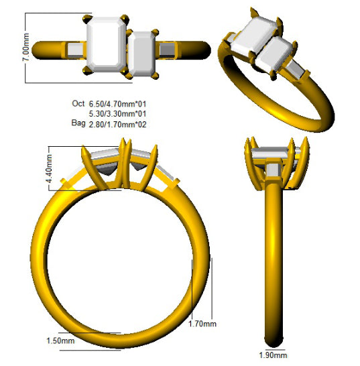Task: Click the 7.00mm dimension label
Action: click(26, 47)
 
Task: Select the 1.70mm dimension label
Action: click(202, 324)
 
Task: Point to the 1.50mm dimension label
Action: click(61, 341)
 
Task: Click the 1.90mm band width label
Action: click(273, 355)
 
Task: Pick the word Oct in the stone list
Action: click(78, 103)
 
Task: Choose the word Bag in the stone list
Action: click(78, 123)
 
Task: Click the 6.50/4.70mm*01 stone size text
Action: click(118, 104)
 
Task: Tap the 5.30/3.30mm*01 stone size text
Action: click(118, 114)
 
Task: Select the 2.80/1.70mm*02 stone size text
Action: click(118, 125)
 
